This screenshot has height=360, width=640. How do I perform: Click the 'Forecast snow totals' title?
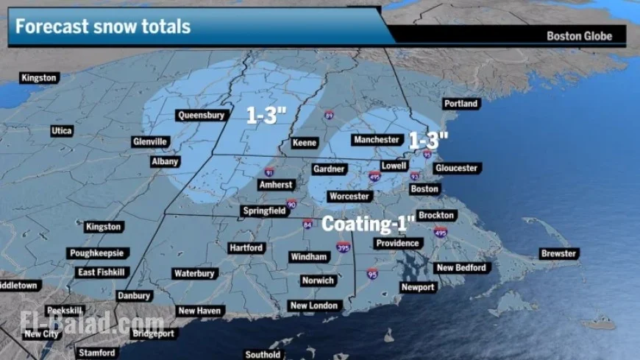point(103,27)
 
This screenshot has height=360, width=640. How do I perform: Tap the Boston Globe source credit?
point(579,36)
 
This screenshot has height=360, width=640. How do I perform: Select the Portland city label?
point(461,105)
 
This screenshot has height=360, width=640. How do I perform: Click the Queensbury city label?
point(199,115)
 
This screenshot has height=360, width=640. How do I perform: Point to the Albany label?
point(165,161)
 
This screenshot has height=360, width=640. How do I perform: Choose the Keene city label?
point(304,142)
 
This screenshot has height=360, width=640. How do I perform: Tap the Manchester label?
point(376,140)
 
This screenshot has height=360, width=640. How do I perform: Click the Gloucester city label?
point(456,168)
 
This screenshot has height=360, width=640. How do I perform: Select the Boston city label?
point(424,189)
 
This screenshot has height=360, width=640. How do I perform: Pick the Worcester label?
point(349,197)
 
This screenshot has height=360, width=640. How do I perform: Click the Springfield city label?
point(264,211)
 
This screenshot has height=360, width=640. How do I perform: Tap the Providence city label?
point(397,244)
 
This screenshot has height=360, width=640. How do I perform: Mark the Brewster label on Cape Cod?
point(559,253)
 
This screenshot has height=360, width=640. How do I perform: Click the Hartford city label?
point(246,248)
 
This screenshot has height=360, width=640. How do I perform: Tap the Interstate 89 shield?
point(329,116)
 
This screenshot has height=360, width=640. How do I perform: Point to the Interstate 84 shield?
point(307,224)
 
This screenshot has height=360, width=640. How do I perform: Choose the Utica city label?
point(62,131)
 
